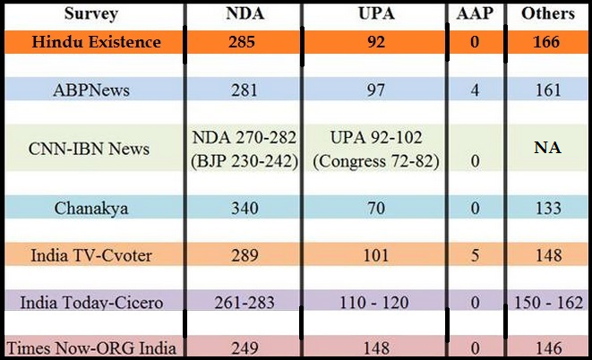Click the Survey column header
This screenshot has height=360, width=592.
[x=93, y=13]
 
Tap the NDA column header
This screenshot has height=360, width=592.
[x=243, y=13]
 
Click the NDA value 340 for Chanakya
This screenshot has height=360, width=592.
[x=243, y=208]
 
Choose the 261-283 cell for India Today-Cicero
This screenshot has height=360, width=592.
[x=243, y=303]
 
